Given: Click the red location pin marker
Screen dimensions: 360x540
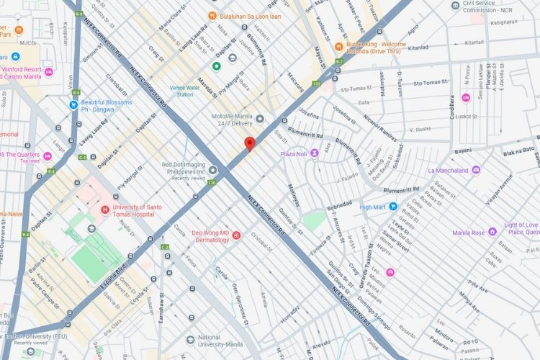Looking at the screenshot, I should (249, 143).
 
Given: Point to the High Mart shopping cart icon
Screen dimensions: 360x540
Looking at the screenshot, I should (393, 207).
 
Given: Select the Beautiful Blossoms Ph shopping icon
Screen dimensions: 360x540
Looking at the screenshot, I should (73, 105).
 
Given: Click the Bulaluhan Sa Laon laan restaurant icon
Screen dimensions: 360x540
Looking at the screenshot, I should (212, 16).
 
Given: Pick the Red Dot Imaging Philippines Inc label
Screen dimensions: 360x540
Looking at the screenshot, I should (185, 168).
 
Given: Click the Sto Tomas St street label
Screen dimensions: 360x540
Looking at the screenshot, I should (354, 89).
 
